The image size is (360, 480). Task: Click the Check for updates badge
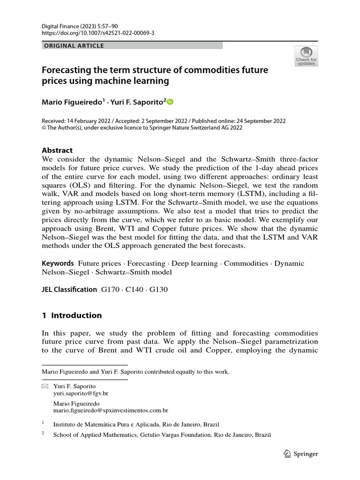point(306,56)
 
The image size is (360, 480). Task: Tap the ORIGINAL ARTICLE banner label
point(74,45)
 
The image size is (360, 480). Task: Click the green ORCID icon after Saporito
point(170,101)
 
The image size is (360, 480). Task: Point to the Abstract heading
point(57,150)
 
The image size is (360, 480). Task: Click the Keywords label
point(58,263)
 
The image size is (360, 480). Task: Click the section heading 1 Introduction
point(72,315)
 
